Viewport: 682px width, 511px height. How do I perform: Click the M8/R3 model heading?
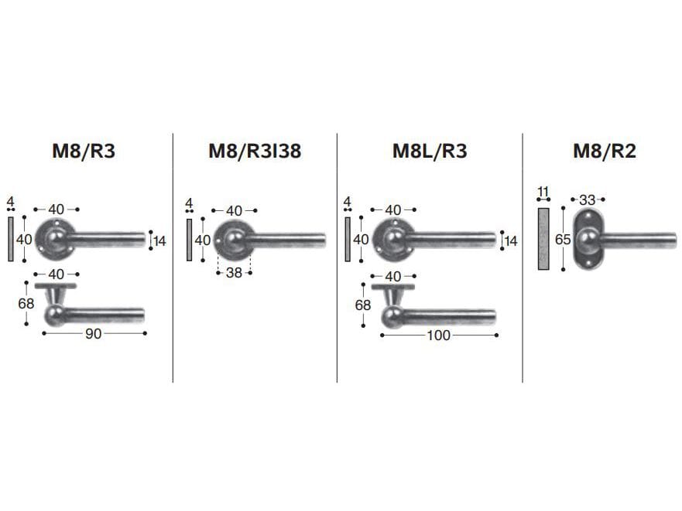pos(84,151)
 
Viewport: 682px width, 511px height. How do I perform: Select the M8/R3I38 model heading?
pos(255,151)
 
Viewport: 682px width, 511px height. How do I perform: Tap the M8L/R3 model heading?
pos(430,151)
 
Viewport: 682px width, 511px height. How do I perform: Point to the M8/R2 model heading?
pos(605,151)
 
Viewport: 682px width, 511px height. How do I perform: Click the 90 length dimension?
pos(94,334)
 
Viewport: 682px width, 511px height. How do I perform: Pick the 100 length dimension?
pos(438,336)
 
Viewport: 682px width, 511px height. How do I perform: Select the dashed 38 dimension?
pos(234,273)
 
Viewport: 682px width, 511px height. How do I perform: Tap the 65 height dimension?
pos(563,240)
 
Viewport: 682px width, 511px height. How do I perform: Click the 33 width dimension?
pos(588,200)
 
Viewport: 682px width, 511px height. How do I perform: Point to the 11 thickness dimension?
pos(543,192)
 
